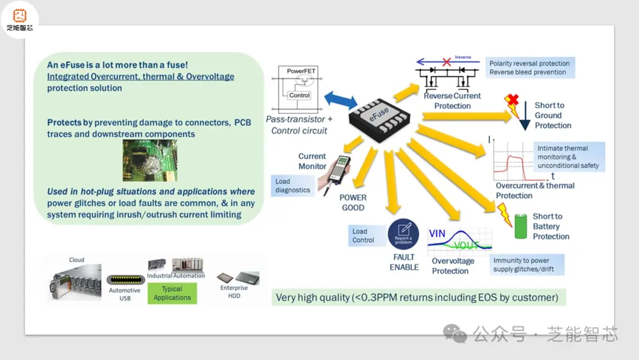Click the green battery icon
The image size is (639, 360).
(x=520, y=227)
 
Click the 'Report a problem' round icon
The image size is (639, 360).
(x=404, y=234)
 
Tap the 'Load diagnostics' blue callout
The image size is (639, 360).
(x=293, y=186)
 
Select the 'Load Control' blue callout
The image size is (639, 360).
(x=363, y=236)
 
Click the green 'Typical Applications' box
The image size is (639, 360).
(x=172, y=293)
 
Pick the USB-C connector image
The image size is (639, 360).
(x=125, y=280)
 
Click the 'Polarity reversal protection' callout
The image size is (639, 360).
(x=530, y=67)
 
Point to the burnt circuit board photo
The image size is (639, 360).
(x=149, y=160)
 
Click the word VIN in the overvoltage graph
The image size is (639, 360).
(x=437, y=233)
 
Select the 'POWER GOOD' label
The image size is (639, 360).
(x=353, y=202)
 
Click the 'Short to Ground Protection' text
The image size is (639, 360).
(x=553, y=115)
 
